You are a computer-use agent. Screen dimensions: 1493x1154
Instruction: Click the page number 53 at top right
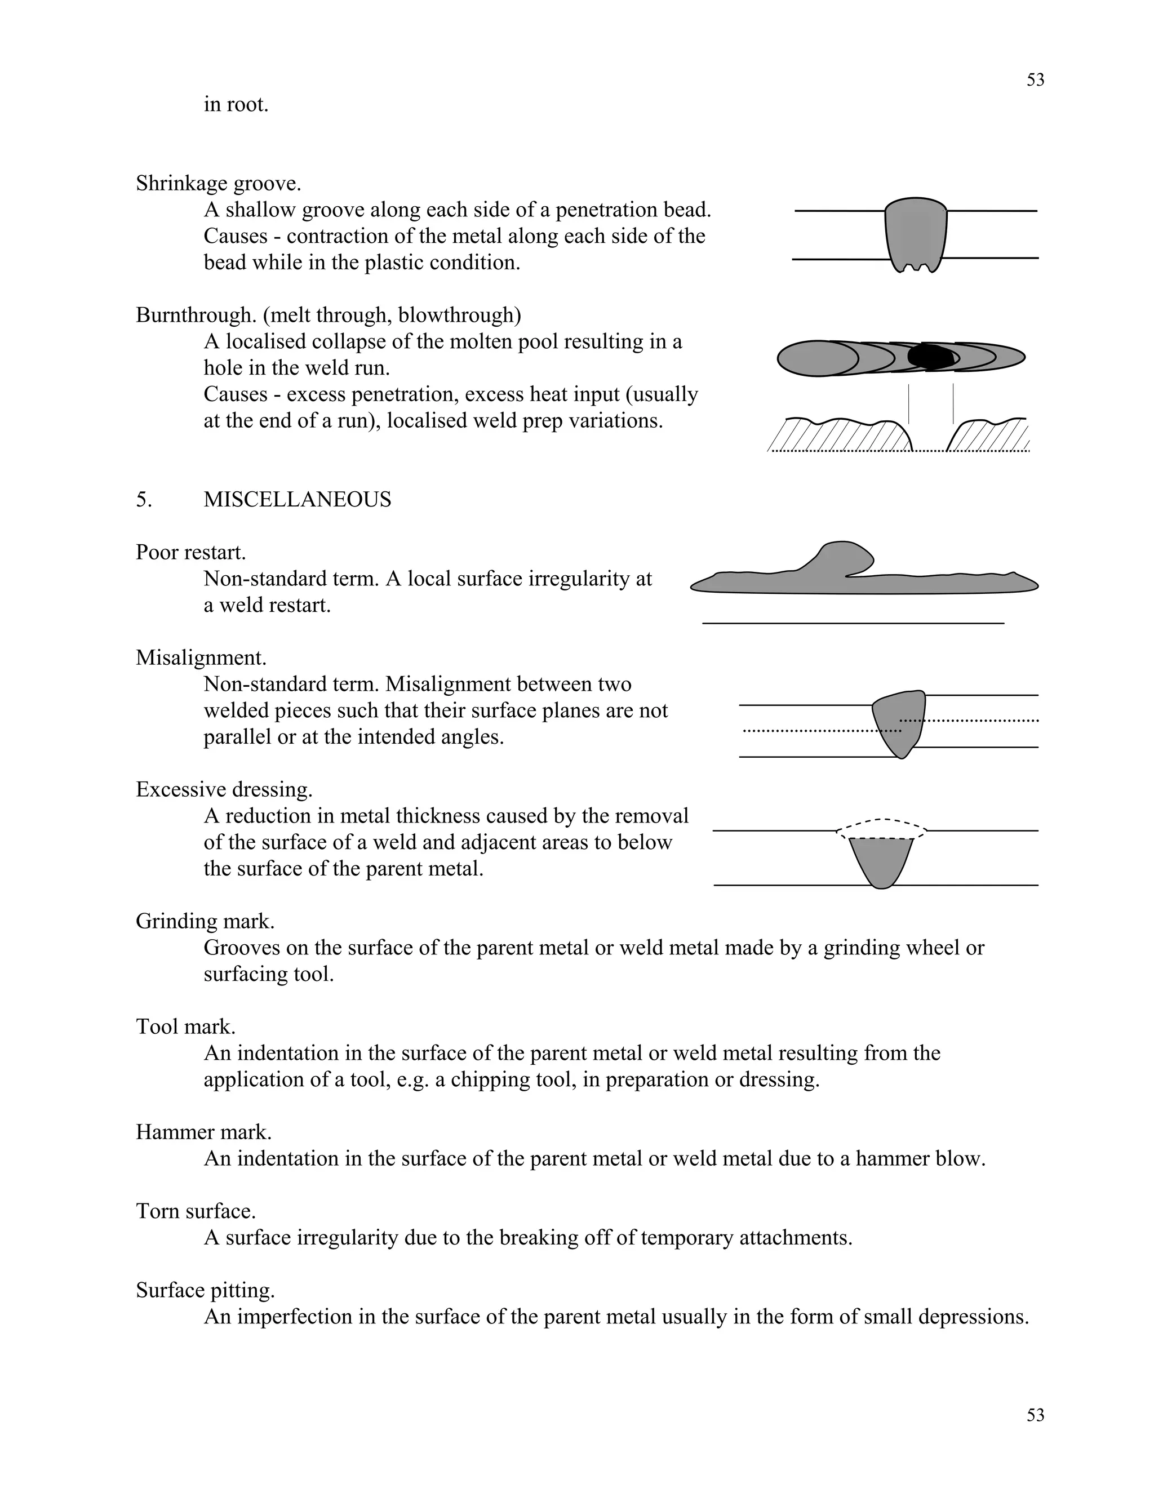click(1035, 80)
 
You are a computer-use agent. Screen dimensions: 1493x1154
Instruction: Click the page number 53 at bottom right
click(1035, 1415)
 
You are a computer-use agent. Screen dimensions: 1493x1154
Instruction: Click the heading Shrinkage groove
click(218, 183)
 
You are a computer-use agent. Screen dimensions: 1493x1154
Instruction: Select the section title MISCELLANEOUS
click(298, 500)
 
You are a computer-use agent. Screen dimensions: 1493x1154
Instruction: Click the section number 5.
click(144, 500)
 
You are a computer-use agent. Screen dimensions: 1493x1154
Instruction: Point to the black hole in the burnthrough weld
click(930, 357)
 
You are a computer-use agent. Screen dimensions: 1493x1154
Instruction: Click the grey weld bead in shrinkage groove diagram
click(916, 233)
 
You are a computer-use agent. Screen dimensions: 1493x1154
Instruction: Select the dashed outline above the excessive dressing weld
click(882, 820)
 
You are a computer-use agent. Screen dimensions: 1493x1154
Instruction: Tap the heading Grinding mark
click(205, 922)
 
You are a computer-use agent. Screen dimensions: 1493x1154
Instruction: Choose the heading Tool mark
click(185, 1027)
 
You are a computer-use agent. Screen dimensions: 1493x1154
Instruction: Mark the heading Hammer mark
click(204, 1132)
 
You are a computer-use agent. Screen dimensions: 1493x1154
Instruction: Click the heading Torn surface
click(196, 1211)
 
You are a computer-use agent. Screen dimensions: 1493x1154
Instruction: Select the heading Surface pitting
click(205, 1290)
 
